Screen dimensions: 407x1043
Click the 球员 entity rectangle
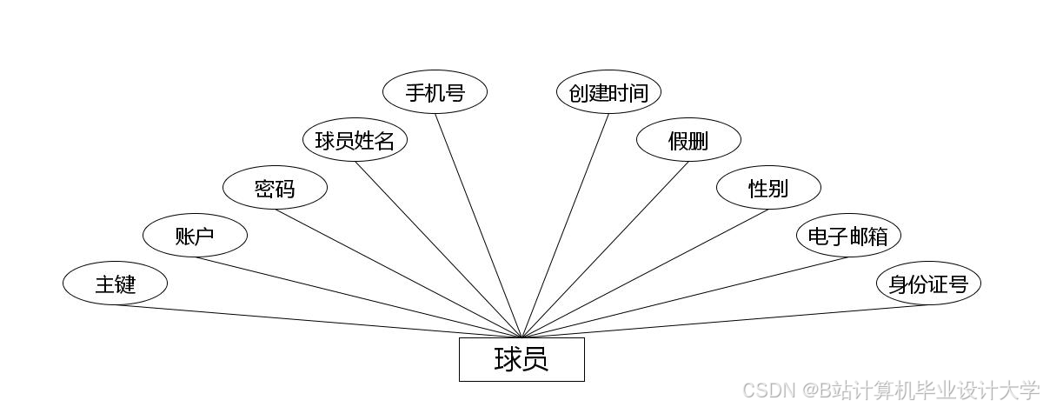(521, 359)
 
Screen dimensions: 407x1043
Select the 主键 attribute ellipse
(115, 284)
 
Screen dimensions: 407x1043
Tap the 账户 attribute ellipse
(195, 236)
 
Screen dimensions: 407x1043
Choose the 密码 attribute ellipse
(275, 188)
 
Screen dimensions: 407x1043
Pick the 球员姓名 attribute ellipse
(355, 140)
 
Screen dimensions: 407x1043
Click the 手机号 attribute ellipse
(435, 92)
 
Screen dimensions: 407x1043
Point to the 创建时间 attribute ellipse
(608, 92)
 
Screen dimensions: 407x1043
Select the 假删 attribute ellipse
(688, 140)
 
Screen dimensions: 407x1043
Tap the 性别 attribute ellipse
(768, 188)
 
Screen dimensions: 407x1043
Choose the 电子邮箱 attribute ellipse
(848, 236)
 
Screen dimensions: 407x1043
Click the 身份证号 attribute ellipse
(928, 284)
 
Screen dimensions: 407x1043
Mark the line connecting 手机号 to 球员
(478, 225)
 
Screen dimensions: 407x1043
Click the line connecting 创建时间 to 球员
(565, 225)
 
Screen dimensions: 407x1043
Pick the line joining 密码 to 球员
(398, 273)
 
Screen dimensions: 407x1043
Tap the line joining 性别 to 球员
(645, 273)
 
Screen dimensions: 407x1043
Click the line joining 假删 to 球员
(605, 250)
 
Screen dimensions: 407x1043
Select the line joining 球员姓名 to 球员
(438, 250)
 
